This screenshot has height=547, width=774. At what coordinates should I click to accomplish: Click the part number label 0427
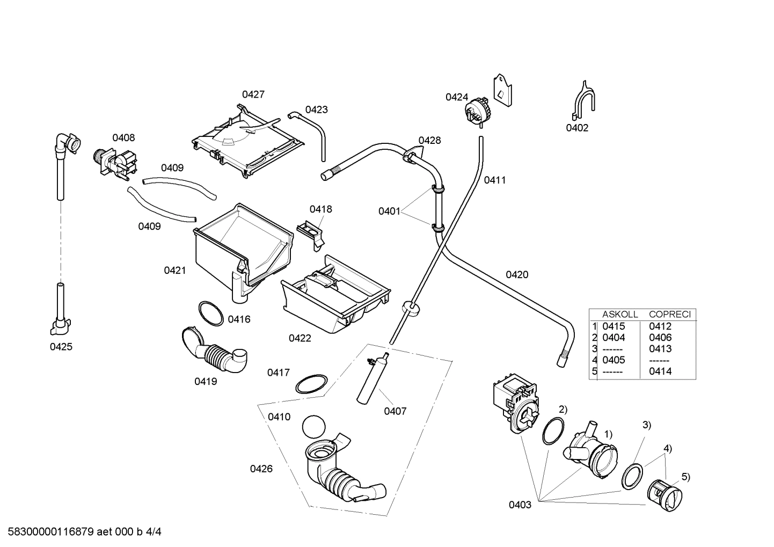[253, 94]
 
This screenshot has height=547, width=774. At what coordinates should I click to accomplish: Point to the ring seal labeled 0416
[210, 313]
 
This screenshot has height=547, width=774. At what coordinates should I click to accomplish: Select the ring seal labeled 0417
[311, 384]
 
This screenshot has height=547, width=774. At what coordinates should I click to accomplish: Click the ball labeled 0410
[314, 427]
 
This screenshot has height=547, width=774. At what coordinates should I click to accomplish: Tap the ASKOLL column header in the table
[619, 315]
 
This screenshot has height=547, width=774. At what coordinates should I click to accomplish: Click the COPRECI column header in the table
[669, 315]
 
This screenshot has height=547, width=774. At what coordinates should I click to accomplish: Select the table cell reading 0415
[614, 326]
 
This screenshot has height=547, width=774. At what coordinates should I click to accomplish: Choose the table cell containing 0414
[660, 371]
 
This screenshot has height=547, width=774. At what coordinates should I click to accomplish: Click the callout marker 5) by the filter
[685, 477]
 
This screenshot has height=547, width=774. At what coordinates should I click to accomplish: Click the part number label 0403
[520, 505]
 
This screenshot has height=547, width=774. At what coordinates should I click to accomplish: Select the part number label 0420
[517, 275]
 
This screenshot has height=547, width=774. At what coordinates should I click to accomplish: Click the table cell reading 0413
[660, 349]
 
